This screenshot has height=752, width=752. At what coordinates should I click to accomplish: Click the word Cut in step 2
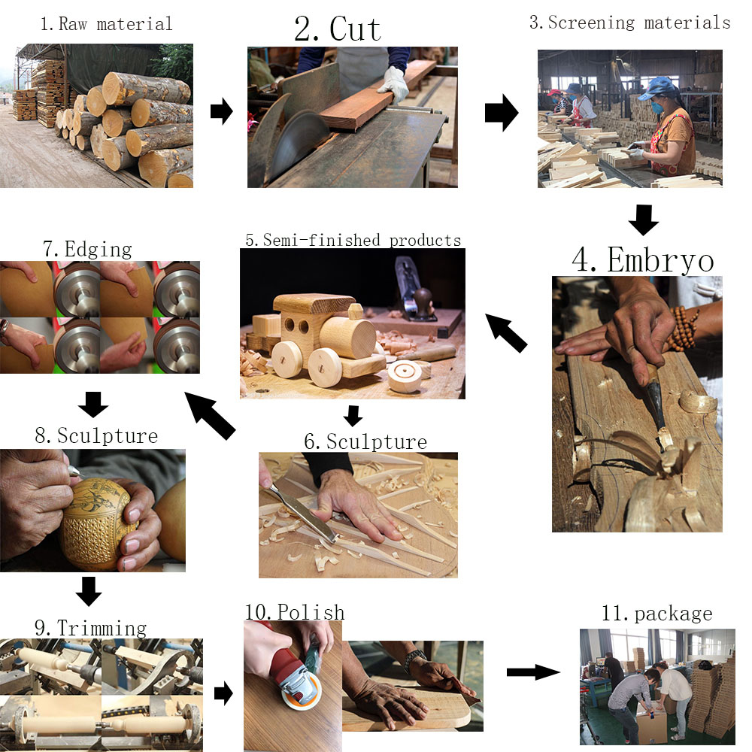click(356, 29)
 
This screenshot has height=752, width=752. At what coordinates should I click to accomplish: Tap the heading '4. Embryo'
click(643, 260)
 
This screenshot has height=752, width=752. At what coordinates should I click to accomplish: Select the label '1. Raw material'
click(106, 24)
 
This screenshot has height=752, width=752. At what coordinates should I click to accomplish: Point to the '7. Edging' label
click(87, 250)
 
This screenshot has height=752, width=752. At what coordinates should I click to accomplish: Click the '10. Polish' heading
click(295, 612)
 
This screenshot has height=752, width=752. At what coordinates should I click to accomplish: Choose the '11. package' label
click(657, 614)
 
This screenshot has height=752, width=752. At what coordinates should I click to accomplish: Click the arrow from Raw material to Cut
click(222, 111)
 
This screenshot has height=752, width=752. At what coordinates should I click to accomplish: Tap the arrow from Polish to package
click(533, 672)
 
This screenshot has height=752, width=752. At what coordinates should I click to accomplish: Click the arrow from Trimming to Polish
click(223, 693)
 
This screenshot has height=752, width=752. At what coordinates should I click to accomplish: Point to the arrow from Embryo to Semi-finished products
click(506, 333)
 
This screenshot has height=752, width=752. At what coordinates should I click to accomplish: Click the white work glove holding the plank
click(394, 84)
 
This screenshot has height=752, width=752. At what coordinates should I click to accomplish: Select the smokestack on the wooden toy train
click(356, 311)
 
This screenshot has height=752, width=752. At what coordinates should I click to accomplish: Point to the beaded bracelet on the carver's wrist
click(684, 329)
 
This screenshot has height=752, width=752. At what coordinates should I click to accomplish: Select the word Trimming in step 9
click(102, 628)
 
